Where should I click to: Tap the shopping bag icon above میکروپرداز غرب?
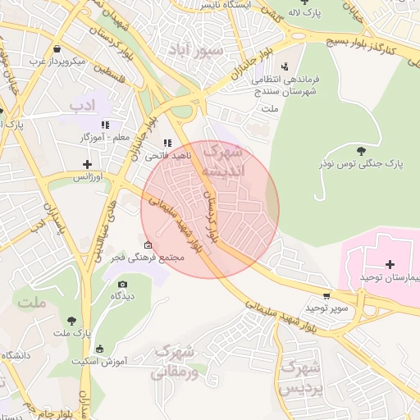point(56,48)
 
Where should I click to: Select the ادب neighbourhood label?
point(82,105)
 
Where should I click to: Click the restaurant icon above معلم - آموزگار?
point(105,125)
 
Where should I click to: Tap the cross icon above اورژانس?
point(87,165)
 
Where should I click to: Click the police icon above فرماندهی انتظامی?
point(284,66)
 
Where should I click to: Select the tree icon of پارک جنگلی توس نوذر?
point(362,150)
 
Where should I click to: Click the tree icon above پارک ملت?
point(72,321)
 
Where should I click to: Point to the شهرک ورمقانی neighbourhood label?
point(175,362)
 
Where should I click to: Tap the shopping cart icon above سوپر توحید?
point(327,296)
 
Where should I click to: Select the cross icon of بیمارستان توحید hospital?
point(389,264)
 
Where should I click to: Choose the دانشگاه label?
point(16,355)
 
